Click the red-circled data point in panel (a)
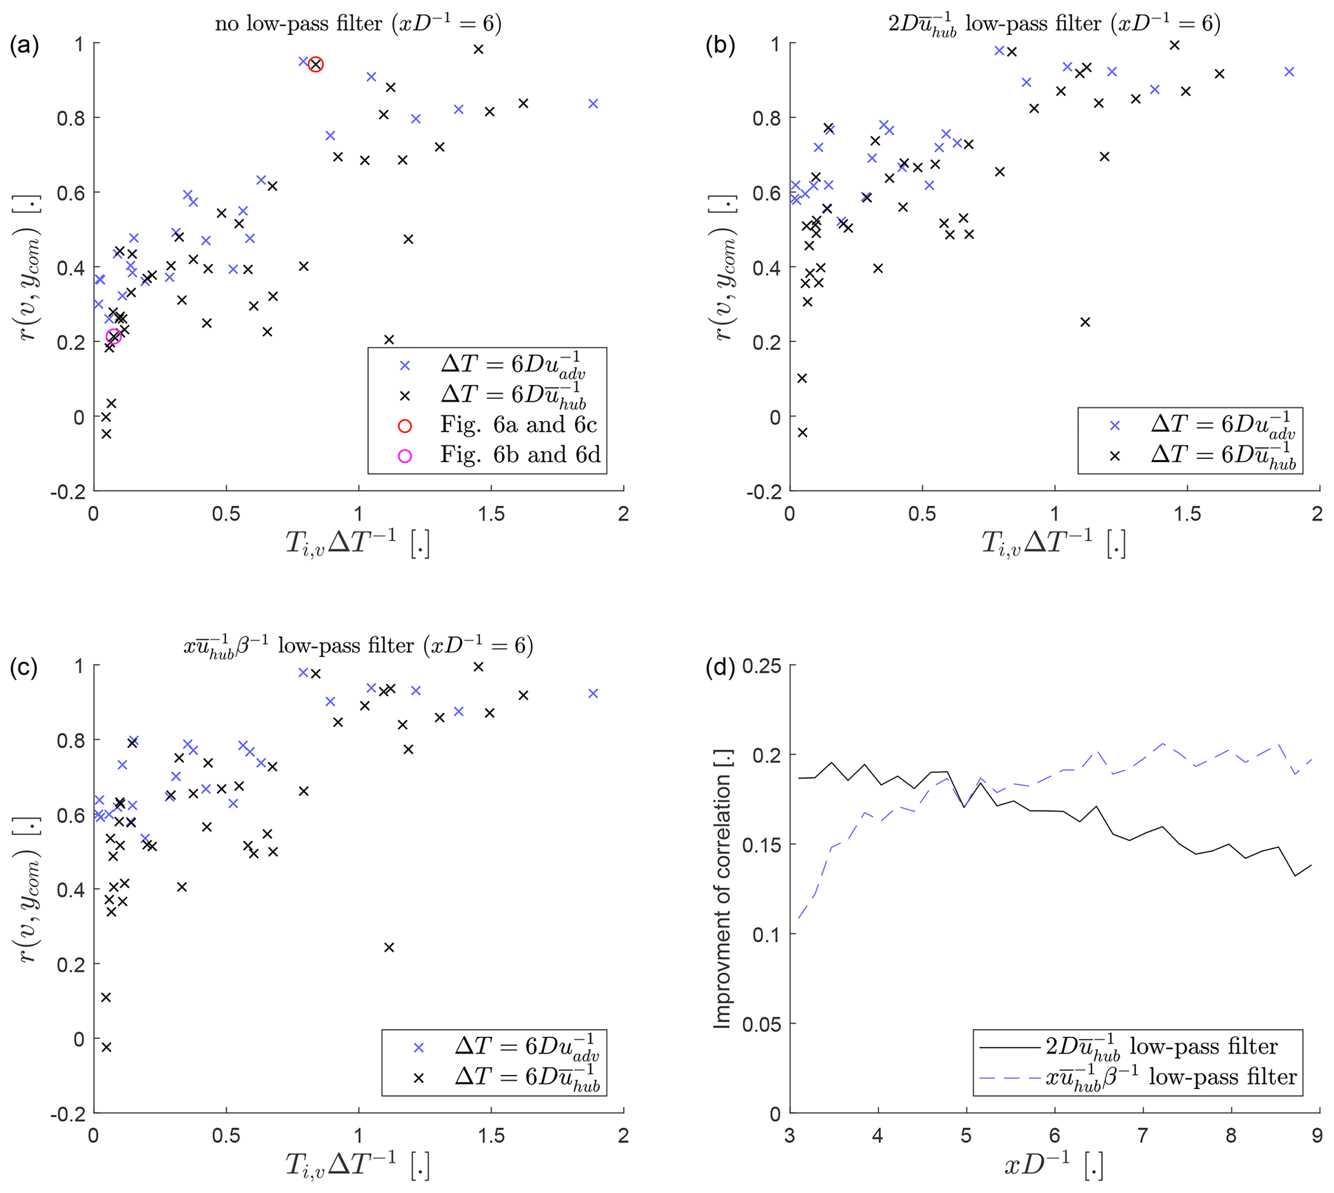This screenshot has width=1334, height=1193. pyautogui.click(x=316, y=65)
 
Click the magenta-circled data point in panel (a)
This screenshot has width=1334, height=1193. pyautogui.click(x=114, y=337)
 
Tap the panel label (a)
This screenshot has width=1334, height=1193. pyautogui.click(x=25, y=45)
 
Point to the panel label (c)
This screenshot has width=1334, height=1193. pyautogui.click(x=25, y=667)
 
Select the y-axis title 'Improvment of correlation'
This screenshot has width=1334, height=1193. pyautogui.click(x=722, y=889)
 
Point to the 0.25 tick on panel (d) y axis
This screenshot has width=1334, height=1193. pyautogui.click(x=762, y=667)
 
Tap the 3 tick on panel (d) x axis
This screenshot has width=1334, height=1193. pyautogui.click(x=790, y=1136)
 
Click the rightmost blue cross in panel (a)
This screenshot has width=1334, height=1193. pyautogui.click(x=593, y=104)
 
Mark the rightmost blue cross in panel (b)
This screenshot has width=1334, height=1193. pyautogui.click(x=1289, y=72)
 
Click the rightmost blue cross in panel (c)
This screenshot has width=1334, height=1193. pyautogui.click(x=593, y=694)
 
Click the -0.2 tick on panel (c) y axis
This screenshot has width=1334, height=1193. pyautogui.click(x=70, y=1114)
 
